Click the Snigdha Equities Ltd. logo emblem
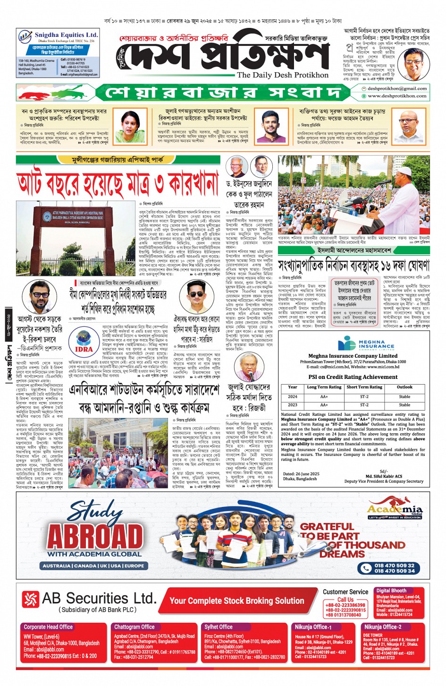click(x=25, y=37)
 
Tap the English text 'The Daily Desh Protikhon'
click(x=282, y=75)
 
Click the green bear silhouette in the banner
click(x=71, y=92)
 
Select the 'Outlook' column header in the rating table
click(x=404, y=387)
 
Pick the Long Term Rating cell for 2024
click(x=324, y=397)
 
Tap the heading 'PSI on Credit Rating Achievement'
click(x=353, y=377)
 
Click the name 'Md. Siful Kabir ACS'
click(x=384, y=476)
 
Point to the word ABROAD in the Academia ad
click(x=95, y=536)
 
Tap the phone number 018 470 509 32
click(x=394, y=565)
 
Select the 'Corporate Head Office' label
click(x=48, y=627)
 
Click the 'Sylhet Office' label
click(x=219, y=627)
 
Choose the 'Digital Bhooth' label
click(x=391, y=591)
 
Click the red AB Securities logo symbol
click(x=30, y=600)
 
